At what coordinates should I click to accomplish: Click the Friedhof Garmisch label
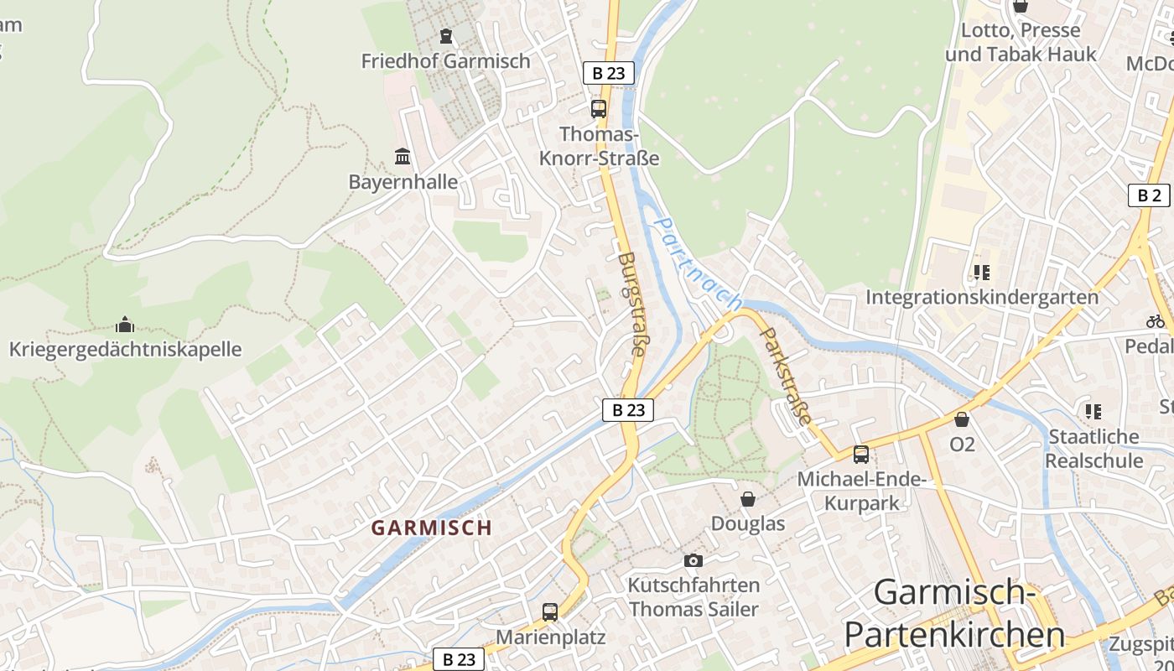pos(445,61)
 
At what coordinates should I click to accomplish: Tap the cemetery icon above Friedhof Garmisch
pos(445,36)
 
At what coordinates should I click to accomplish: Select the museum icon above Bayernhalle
pos(403,157)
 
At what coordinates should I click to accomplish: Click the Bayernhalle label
pos(403,182)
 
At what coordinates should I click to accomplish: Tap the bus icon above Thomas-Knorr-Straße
pos(598,108)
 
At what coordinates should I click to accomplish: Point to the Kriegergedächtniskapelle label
pos(125,349)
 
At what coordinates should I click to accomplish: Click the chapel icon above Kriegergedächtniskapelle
pos(125,325)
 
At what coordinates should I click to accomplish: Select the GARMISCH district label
pos(432,528)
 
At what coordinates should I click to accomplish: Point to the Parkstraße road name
pos(787,375)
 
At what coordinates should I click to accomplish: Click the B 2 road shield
pos(1148,195)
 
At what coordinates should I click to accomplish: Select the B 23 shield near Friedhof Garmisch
pos(608,73)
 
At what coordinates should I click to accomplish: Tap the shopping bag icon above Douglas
pos(748,499)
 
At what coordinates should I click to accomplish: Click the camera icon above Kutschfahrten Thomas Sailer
pos(693,560)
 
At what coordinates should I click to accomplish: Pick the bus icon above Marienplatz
pos(550,612)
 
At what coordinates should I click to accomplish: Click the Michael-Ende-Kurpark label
pos(861,491)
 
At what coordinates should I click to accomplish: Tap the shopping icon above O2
pos(962,419)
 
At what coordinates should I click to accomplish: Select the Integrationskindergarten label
pos(982,297)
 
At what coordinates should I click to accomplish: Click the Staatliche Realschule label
pos(1093,448)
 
